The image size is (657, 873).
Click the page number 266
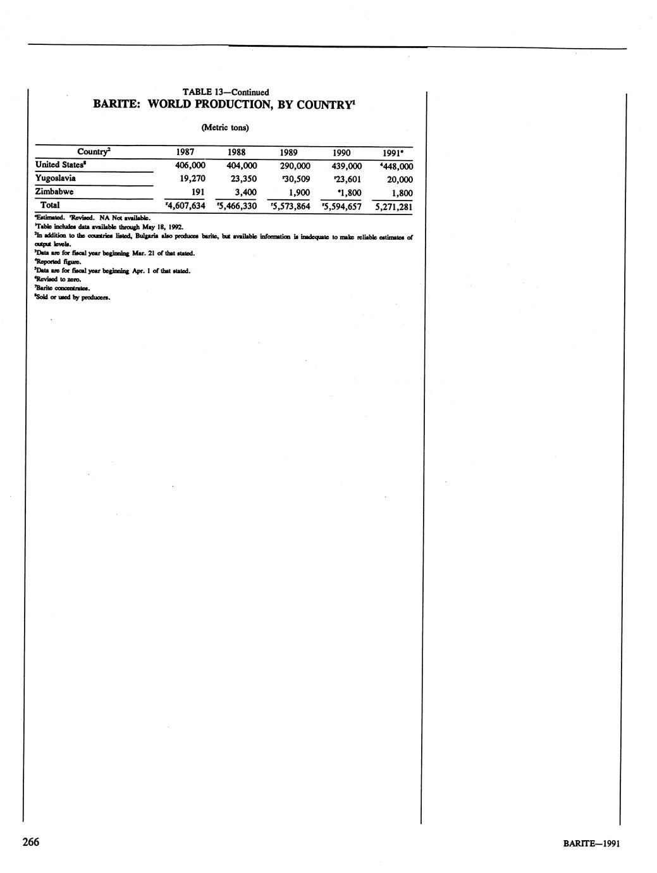click(31, 842)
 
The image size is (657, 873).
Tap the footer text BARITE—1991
click(594, 843)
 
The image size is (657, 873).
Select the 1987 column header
click(185, 152)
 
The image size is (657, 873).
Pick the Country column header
click(94, 152)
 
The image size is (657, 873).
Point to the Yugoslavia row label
click(56, 178)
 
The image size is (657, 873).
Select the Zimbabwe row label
click(54, 192)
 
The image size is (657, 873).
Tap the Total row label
click(50, 206)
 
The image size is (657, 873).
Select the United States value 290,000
click(295, 166)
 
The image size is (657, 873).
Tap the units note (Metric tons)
click(225, 128)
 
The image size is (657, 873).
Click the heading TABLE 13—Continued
click(225, 92)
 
